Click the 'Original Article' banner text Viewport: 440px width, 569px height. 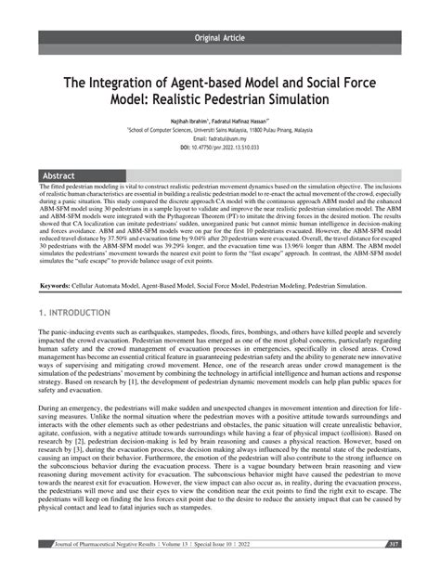tap(221, 38)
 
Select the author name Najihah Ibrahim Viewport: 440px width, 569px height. tap(189, 122)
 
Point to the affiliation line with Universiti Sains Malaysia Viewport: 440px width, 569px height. tap(220, 131)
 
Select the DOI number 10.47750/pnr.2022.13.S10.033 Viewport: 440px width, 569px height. tap(229, 147)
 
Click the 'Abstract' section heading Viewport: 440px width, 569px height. tap(62, 175)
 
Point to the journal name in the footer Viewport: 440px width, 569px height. tap(112, 544)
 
